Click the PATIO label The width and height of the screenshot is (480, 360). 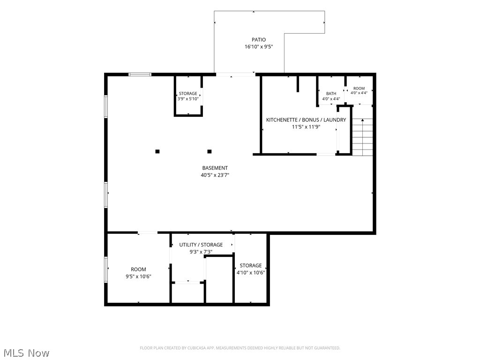(259, 39)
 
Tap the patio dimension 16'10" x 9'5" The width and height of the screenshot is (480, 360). (259, 47)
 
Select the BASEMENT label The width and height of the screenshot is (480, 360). (215, 168)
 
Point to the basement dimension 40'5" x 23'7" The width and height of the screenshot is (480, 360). (215, 175)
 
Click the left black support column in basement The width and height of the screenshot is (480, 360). (157, 151)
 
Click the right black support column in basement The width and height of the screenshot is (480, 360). (210, 151)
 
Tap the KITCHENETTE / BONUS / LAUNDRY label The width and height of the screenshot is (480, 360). (306, 120)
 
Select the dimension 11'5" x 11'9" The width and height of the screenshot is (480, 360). (306, 127)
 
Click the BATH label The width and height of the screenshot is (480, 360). (331, 93)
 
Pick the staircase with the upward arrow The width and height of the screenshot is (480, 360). (363, 137)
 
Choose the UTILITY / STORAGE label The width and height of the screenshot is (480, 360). (201, 245)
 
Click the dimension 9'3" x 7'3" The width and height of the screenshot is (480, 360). (201, 252)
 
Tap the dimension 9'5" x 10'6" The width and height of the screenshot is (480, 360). (138, 277)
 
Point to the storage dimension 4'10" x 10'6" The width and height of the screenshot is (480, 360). (251, 273)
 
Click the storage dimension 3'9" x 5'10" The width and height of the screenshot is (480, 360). (188, 99)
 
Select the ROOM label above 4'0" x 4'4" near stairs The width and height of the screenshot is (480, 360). (359, 88)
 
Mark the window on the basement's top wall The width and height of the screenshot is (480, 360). (140, 75)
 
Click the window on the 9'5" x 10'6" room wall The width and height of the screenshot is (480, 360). (106, 269)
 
